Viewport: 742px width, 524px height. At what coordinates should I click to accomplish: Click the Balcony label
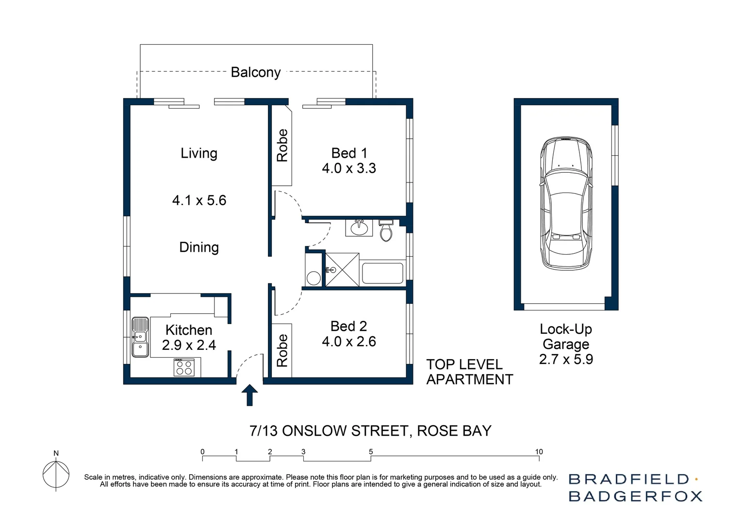pyautogui.click(x=256, y=72)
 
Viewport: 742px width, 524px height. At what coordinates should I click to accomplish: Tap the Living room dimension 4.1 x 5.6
pyautogui.click(x=199, y=200)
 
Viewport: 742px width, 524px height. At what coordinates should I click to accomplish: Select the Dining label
pyautogui.click(x=199, y=247)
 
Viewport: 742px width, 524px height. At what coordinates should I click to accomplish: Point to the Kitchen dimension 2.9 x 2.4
pyautogui.click(x=189, y=345)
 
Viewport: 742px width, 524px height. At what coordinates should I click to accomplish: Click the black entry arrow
pyautogui.click(x=249, y=394)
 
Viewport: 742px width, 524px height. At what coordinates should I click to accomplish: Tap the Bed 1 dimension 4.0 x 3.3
pyautogui.click(x=349, y=168)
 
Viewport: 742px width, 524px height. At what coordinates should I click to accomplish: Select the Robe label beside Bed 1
pyautogui.click(x=282, y=146)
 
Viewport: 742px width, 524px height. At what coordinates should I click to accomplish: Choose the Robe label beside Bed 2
pyautogui.click(x=282, y=350)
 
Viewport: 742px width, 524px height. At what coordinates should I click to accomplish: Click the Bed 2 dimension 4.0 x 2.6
pyautogui.click(x=349, y=342)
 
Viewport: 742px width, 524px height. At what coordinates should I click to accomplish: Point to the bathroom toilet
pyautogui.click(x=386, y=231)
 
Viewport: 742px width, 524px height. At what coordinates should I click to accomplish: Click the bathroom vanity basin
pyautogui.click(x=359, y=228)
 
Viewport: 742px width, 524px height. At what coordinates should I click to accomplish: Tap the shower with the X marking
pyautogui.click(x=342, y=270)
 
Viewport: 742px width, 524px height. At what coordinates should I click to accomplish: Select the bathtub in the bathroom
pyautogui.click(x=382, y=274)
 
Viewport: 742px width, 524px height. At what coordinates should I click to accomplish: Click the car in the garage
pyautogui.click(x=566, y=204)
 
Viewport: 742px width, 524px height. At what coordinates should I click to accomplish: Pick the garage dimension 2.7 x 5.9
pyautogui.click(x=566, y=360)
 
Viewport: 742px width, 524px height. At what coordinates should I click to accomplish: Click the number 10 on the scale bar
pyautogui.click(x=539, y=452)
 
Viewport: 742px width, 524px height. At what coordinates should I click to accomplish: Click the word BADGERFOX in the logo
pyautogui.click(x=635, y=496)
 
